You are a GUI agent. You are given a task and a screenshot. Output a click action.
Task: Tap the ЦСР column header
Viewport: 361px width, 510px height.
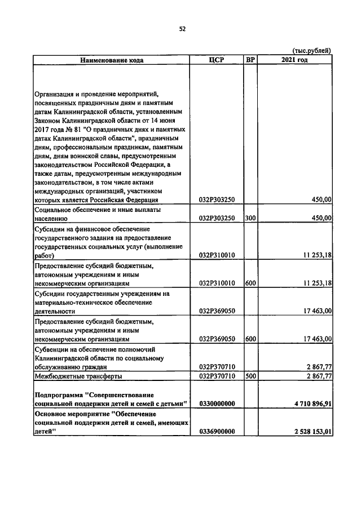point(217,60)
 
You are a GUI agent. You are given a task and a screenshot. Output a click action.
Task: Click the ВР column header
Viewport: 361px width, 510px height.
point(250,60)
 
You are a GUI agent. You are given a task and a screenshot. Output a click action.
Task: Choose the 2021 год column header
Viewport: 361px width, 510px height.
point(294,60)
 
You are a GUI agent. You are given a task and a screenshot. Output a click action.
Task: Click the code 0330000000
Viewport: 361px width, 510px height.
point(217,403)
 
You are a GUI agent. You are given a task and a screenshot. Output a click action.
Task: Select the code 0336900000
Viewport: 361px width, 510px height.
point(217,432)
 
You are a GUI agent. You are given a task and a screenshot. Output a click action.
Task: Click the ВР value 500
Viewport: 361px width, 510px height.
point(250,376)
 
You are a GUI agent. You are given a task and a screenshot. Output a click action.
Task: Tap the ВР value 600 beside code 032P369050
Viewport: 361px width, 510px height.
point(250,339)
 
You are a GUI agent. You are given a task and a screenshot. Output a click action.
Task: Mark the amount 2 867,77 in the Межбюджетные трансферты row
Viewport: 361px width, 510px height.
point(318,376)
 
